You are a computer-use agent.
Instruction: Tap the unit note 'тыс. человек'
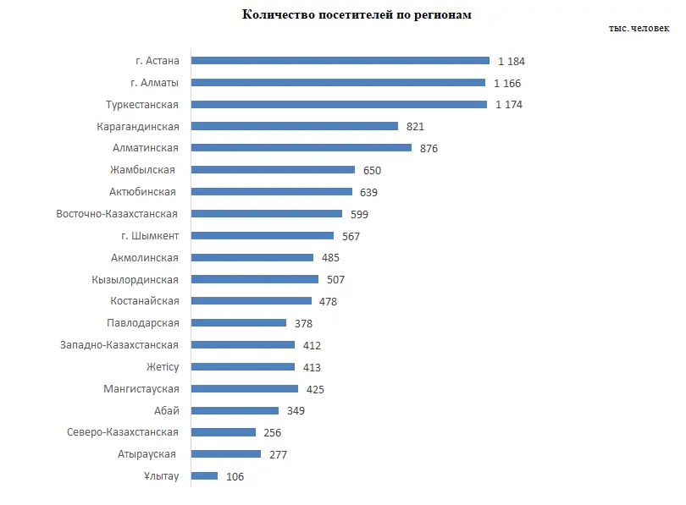[638, 28]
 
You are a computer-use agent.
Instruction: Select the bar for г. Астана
[340, 61]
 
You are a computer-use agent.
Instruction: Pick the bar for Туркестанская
[339, 104]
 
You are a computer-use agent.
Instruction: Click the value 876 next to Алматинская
[429, 148]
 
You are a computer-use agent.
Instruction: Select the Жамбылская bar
[273, 170]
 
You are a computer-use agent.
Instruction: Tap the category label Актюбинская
[144, 192]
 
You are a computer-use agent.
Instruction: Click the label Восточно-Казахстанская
[118, 214]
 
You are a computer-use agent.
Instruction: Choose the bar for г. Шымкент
[263, 235]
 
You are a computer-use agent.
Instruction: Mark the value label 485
[330, 257]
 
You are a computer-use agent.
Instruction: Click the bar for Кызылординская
[255, 279]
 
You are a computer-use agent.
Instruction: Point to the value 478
[329, 301]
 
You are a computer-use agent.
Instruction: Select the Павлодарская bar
[239, 323]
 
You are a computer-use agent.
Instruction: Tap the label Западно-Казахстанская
[119, 345]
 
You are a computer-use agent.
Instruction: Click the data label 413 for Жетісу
[312, 367]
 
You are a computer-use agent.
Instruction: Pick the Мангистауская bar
[245, 388]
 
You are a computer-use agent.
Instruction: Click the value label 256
[272, 432]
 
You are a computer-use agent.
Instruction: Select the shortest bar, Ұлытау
[204, 476]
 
